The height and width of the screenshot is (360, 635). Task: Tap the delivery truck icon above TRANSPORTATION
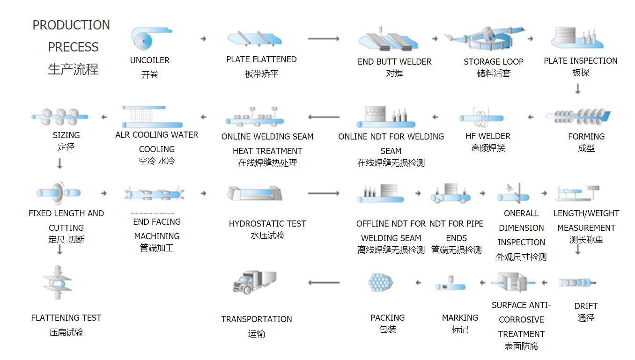click(x=254, y=282)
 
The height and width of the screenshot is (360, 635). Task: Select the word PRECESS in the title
click(x=73, y=47)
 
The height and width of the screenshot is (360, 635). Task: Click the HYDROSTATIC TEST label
click(x=267, y=224)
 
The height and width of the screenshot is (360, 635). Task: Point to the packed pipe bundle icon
click(x=380, y=282)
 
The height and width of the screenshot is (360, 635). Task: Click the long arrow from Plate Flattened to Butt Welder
click(x=324, y=39)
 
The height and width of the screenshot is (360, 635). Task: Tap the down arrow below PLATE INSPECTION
click(x=577, y=88)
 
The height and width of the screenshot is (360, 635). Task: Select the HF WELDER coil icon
click(x=481, y=118)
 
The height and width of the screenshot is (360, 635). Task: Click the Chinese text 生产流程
click(x=73, y=69)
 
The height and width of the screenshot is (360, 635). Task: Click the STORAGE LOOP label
click(x=494, y=62)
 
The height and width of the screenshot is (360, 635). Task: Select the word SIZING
click(x=66, y=135)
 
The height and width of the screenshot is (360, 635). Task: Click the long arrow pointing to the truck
click(x=324, y=282)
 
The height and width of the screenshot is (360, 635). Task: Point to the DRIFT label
click(x=586, y=306)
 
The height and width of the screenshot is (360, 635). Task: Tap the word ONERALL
click(x=521, y=213)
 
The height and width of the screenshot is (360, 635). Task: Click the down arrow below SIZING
click(x=59, y=164)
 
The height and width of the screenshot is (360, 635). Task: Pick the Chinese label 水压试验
click(x=267, y=235)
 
